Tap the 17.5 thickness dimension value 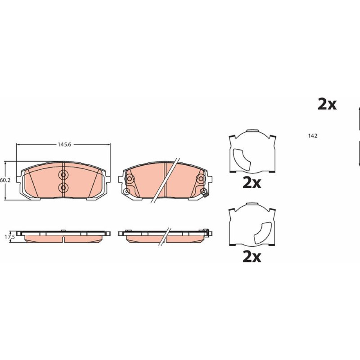pyautogui.click(x=10, y=237)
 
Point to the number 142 pyautogui.click(x=313, y=136)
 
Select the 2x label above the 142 pyautogui.click(x=327, y=104)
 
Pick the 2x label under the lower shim pyautogui.click(x=252, y=257)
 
